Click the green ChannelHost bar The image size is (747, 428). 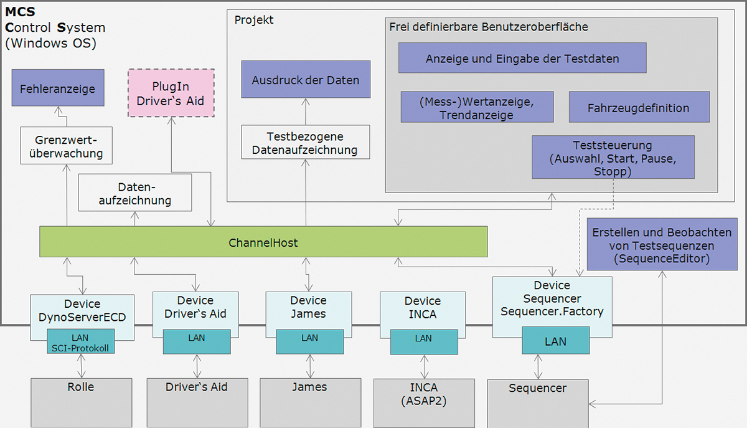pos(263,242)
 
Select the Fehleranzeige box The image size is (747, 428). pos(57,88)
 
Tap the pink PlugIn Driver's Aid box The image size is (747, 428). pos(171,93)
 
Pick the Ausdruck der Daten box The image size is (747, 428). pos(306,79)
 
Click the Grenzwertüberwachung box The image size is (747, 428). pos(61,145)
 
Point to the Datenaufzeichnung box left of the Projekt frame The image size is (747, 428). pos(135,193)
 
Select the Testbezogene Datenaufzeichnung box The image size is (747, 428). pos(306,142)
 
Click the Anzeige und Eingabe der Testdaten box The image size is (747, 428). pos(522,58)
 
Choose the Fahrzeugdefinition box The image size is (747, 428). pos(639,107)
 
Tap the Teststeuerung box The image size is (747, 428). pos(613,158)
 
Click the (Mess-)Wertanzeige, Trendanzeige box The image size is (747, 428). pos(477,107)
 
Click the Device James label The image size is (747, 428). pos(309,308)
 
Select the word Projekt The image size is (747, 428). pos(254,20)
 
